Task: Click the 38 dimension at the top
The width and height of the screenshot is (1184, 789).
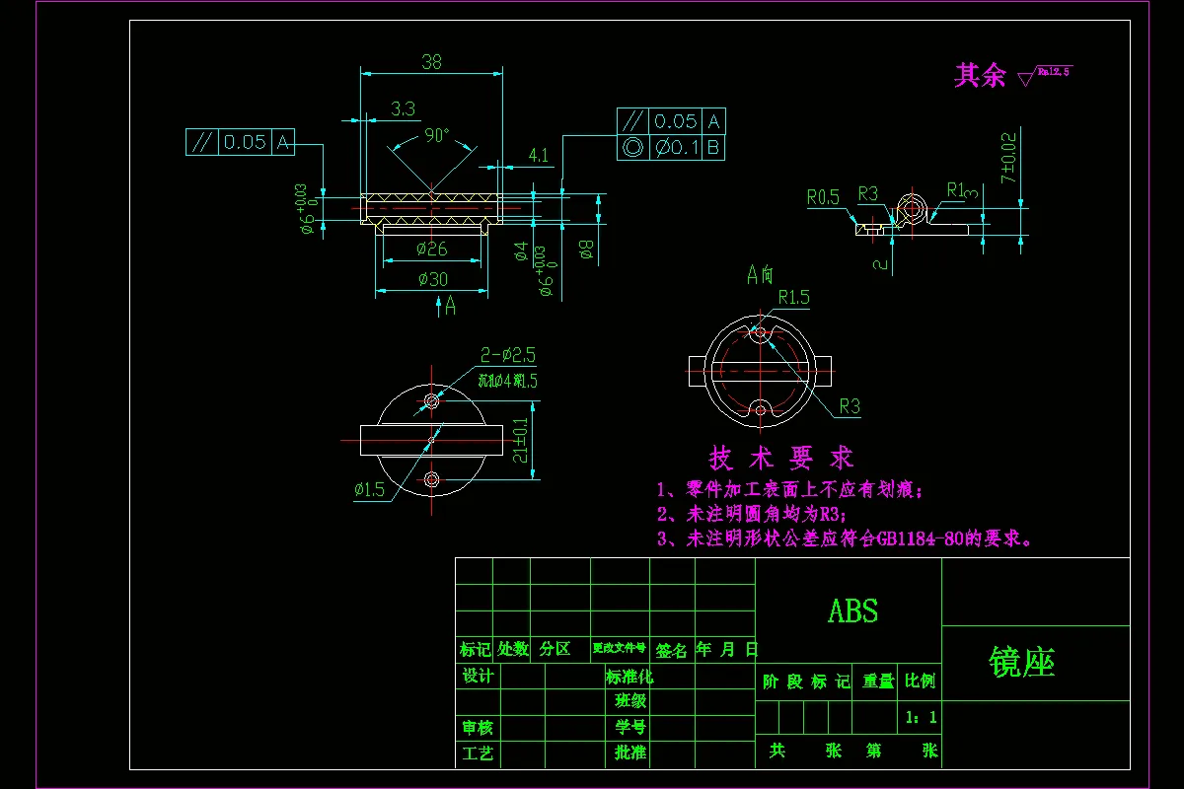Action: click(x=431, y=61)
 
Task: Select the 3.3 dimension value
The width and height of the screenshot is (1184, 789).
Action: click(x=403, y=108)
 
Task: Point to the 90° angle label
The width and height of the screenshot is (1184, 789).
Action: click(x=436, y=134)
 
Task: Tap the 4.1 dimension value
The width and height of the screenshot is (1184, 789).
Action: click(x=539, y=155)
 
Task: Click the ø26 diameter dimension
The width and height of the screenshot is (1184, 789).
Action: click(x=432, y=249)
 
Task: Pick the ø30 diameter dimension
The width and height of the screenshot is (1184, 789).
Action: click(x=432, y=279)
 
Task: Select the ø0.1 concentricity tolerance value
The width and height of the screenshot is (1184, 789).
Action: click(x=675, y=147)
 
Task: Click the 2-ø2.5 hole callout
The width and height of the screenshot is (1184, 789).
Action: click(x=508, y=355)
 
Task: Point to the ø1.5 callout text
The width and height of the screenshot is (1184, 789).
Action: click(x=369, y=489)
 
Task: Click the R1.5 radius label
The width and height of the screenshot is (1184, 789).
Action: click(x=793, y=296)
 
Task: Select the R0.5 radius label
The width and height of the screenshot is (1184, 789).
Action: click(x=823, y=197)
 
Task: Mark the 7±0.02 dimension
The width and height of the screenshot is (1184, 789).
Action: click(x=1007, y=158)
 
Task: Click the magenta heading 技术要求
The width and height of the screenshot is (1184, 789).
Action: click(x=781, y=458)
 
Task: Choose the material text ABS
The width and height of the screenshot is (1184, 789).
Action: click(x=852, y=611)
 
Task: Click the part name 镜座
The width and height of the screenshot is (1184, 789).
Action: click(x=1022, y=664)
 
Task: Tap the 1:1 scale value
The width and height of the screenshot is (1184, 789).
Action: click(x=921, y=718)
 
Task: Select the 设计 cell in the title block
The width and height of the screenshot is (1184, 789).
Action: click(x=478, y=677)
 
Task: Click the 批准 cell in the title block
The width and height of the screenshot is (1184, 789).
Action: click(x=630, y=753)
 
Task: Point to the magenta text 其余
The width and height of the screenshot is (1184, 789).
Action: click(x=979, y=75)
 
